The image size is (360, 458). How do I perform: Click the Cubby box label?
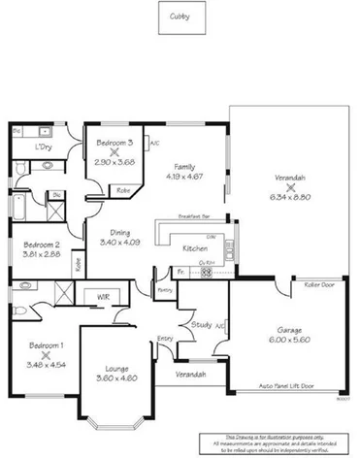coord(180,16)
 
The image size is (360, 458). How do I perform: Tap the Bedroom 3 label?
coord(115,143)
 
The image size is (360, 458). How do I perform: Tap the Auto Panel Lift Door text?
coord(287,385)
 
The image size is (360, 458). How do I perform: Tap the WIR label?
coord(102,296)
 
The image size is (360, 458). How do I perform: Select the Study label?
coord(201,324)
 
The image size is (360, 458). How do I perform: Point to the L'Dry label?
coord(43,147)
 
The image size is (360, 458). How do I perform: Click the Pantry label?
coord(164,289)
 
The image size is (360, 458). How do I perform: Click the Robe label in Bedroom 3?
coord(123,190)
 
